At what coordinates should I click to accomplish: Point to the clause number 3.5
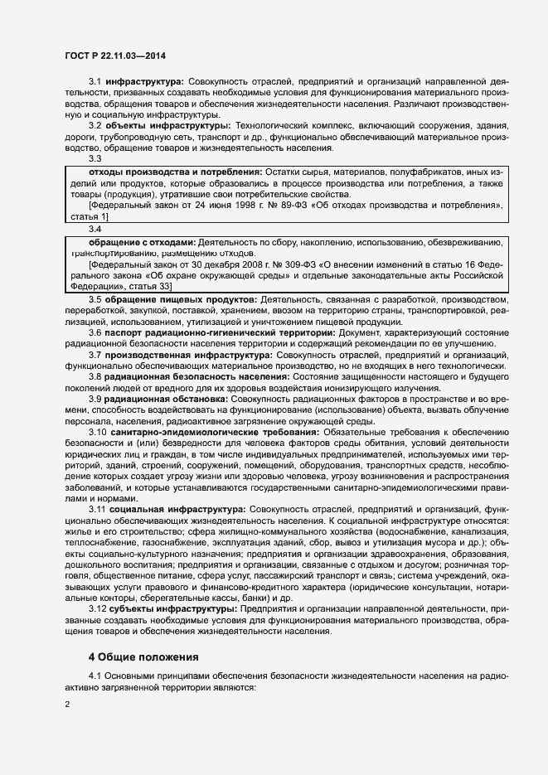(95, 298)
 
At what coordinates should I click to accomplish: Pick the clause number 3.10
(97, 434)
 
